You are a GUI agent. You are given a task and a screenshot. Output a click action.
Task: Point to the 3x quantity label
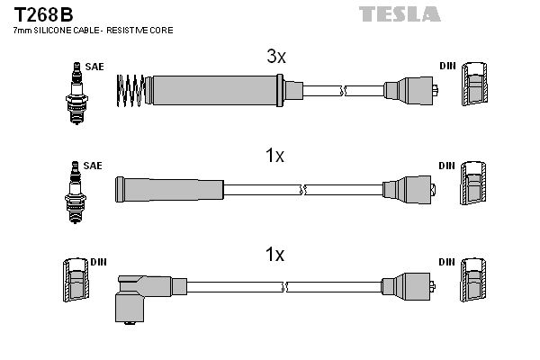pyautogui.click(x=275, y=57)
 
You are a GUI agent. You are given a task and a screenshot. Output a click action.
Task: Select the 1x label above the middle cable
pyautogui.click(x=274, y=157)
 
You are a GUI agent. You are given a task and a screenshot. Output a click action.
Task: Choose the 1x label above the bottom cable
pyautogui.click(x=274, y=255)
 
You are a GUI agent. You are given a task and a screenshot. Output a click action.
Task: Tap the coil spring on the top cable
pyautogui.click(x=131, y=89)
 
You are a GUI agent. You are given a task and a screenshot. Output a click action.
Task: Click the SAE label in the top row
pyautogui.click(x=93, y=66)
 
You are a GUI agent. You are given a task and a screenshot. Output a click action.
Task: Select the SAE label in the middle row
pyautogui.click(x=93, y=166)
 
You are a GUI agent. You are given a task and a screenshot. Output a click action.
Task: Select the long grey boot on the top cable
pyautogui.click(x=216, y=89)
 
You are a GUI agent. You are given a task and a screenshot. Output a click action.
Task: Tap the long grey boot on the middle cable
pyautogui.click(x=168, y=189)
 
